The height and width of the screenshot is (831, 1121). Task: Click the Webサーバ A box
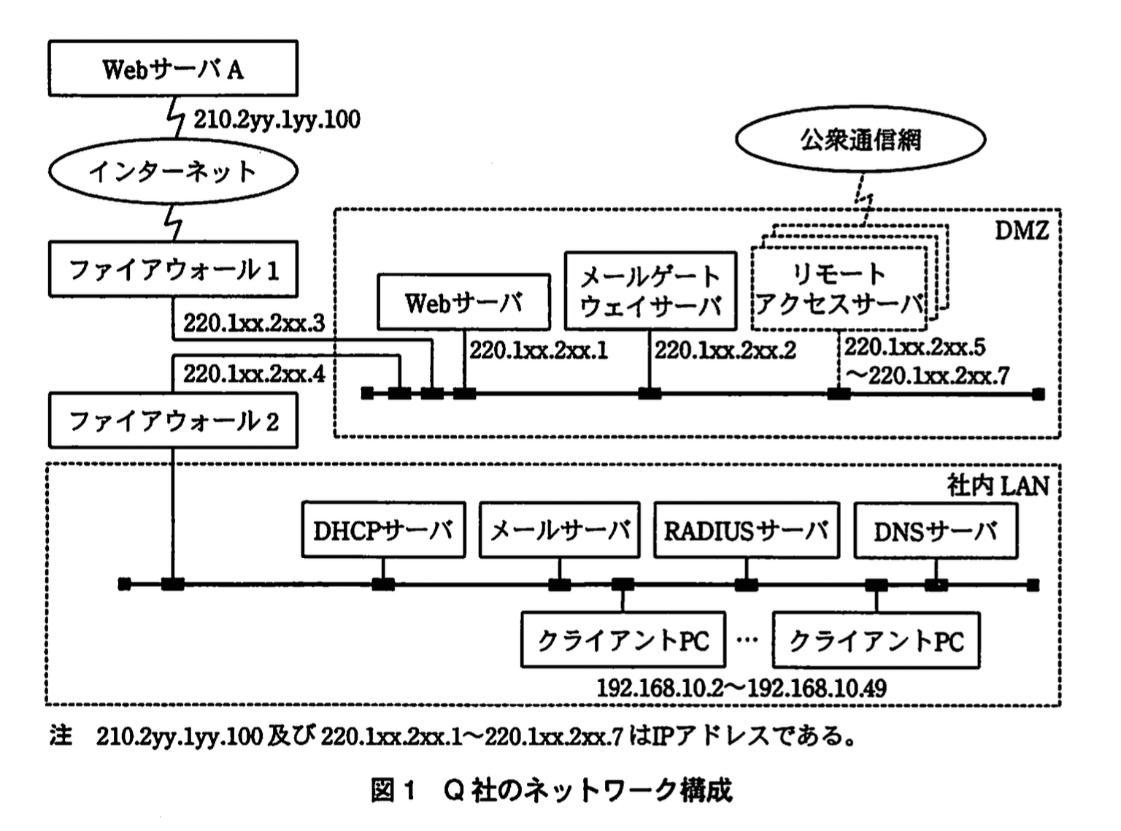click(x=173, y=69)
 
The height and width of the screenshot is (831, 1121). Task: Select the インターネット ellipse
click(x=173, y=172)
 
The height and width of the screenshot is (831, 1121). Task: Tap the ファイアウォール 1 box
click(x=173, y=270)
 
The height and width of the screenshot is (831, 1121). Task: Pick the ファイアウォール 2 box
click(x=173, y=421)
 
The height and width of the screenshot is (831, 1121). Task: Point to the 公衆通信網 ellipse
click(x=860, y=139)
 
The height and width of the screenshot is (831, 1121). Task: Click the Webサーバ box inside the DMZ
click(x=463, y=302)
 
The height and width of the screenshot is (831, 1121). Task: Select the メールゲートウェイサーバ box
click(x=650, y=291)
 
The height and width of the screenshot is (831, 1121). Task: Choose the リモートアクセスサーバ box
click(x=839, y=290)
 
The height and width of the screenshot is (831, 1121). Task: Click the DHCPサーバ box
click(x=383, y=530)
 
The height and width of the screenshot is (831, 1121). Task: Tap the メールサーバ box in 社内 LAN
click(x=560, y=530)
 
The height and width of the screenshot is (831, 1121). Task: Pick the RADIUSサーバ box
click(x=747, y=530)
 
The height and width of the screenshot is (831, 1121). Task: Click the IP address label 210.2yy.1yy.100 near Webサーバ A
click(x=277, y=120)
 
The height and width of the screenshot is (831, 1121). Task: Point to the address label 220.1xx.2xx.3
click(x=253, y=323)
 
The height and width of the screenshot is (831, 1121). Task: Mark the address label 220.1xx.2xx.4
click(x=253, y=374)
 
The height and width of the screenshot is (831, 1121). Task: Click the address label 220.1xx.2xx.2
click(x=725, y=351)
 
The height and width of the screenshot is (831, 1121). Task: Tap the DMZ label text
click(x=1021, y=231)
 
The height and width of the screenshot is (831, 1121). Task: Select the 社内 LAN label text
click(x=998, y=486)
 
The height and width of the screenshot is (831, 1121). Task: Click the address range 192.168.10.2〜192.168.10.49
click(x=741, y=688)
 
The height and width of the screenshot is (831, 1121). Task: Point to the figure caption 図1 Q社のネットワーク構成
click(x=551, y=790)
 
